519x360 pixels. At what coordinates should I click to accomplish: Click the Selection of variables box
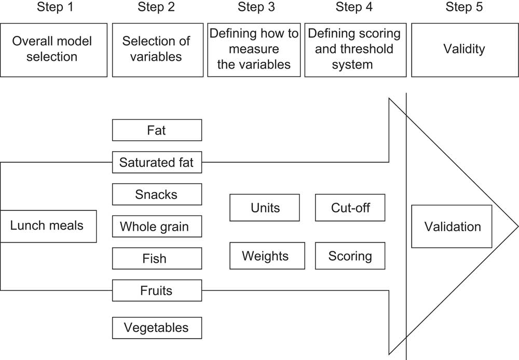click(157, 50)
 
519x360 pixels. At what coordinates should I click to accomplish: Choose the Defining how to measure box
click(254, 50)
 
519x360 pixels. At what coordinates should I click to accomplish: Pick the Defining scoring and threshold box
click(354, 50)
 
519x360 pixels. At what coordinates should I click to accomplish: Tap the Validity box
click(464, 50)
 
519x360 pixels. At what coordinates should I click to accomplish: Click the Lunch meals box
click(48, 226)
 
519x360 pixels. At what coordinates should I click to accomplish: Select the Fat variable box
click(157, 130)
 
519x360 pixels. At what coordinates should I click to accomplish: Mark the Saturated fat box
click(157, 163)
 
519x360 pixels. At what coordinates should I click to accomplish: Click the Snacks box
click(157, 195)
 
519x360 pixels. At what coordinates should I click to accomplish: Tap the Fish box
click(157, 259)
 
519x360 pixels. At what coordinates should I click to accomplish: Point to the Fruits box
click(157, 290)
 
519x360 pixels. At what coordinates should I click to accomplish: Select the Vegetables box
click(157, 328)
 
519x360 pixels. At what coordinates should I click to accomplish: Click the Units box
click(265, 208)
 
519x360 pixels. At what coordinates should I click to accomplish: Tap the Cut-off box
click(350, 208)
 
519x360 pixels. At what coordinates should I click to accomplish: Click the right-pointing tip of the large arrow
click(516, 226)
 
